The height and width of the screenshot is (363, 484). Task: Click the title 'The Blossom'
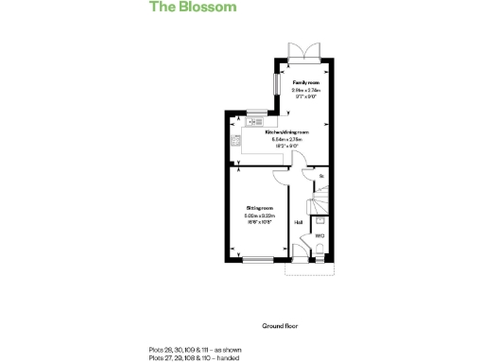(192, 8)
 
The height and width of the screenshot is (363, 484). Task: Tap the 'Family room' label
(304, 83)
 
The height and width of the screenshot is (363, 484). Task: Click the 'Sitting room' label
(259, 207)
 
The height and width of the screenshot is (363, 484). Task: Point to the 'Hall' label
(299, 223)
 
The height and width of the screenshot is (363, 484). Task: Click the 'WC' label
(320, 235)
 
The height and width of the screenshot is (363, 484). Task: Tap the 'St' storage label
(321, 177)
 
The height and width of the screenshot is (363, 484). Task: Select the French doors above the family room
(304, 50)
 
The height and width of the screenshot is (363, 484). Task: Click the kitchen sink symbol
(254, 121)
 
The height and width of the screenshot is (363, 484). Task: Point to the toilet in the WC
(320, 249)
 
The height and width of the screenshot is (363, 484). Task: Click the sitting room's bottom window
(256, 260)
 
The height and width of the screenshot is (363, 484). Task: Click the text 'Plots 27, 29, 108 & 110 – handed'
(193, 357)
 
